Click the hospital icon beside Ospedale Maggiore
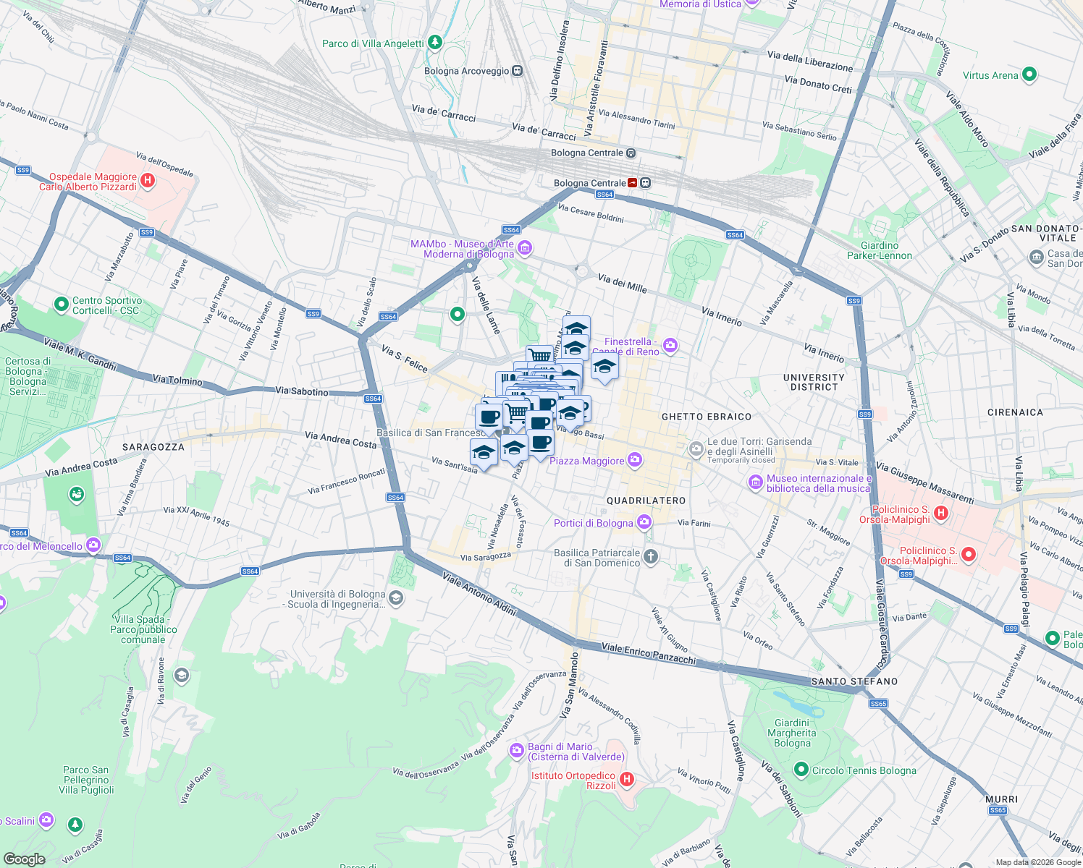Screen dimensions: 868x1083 coord(148,181)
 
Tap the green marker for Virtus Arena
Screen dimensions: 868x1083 coord(1029,75)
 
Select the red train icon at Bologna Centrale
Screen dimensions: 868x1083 coord(633,183)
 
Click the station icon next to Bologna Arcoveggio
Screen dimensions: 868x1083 coord(517,71)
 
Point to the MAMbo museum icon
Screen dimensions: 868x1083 coord(525,248)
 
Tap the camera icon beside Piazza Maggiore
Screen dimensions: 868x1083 coord(635,460)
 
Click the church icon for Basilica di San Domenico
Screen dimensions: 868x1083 coord(651,556)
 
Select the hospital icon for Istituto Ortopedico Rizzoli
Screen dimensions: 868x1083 coord(627,780)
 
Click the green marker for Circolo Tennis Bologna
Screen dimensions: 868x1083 coord(801,770)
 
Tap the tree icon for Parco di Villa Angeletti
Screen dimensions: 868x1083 coord(434,43)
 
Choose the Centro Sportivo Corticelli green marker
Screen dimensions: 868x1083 coord(62,305)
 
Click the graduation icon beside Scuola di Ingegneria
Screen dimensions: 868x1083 coord(395,597)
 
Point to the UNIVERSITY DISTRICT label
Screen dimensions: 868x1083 coord(814,382)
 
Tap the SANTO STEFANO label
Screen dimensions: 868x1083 coord(854,681)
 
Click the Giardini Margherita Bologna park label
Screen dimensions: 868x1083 coord(792,733)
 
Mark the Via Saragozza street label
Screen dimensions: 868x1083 coord(486,557)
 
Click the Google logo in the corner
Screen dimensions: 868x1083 coord(24,859)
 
